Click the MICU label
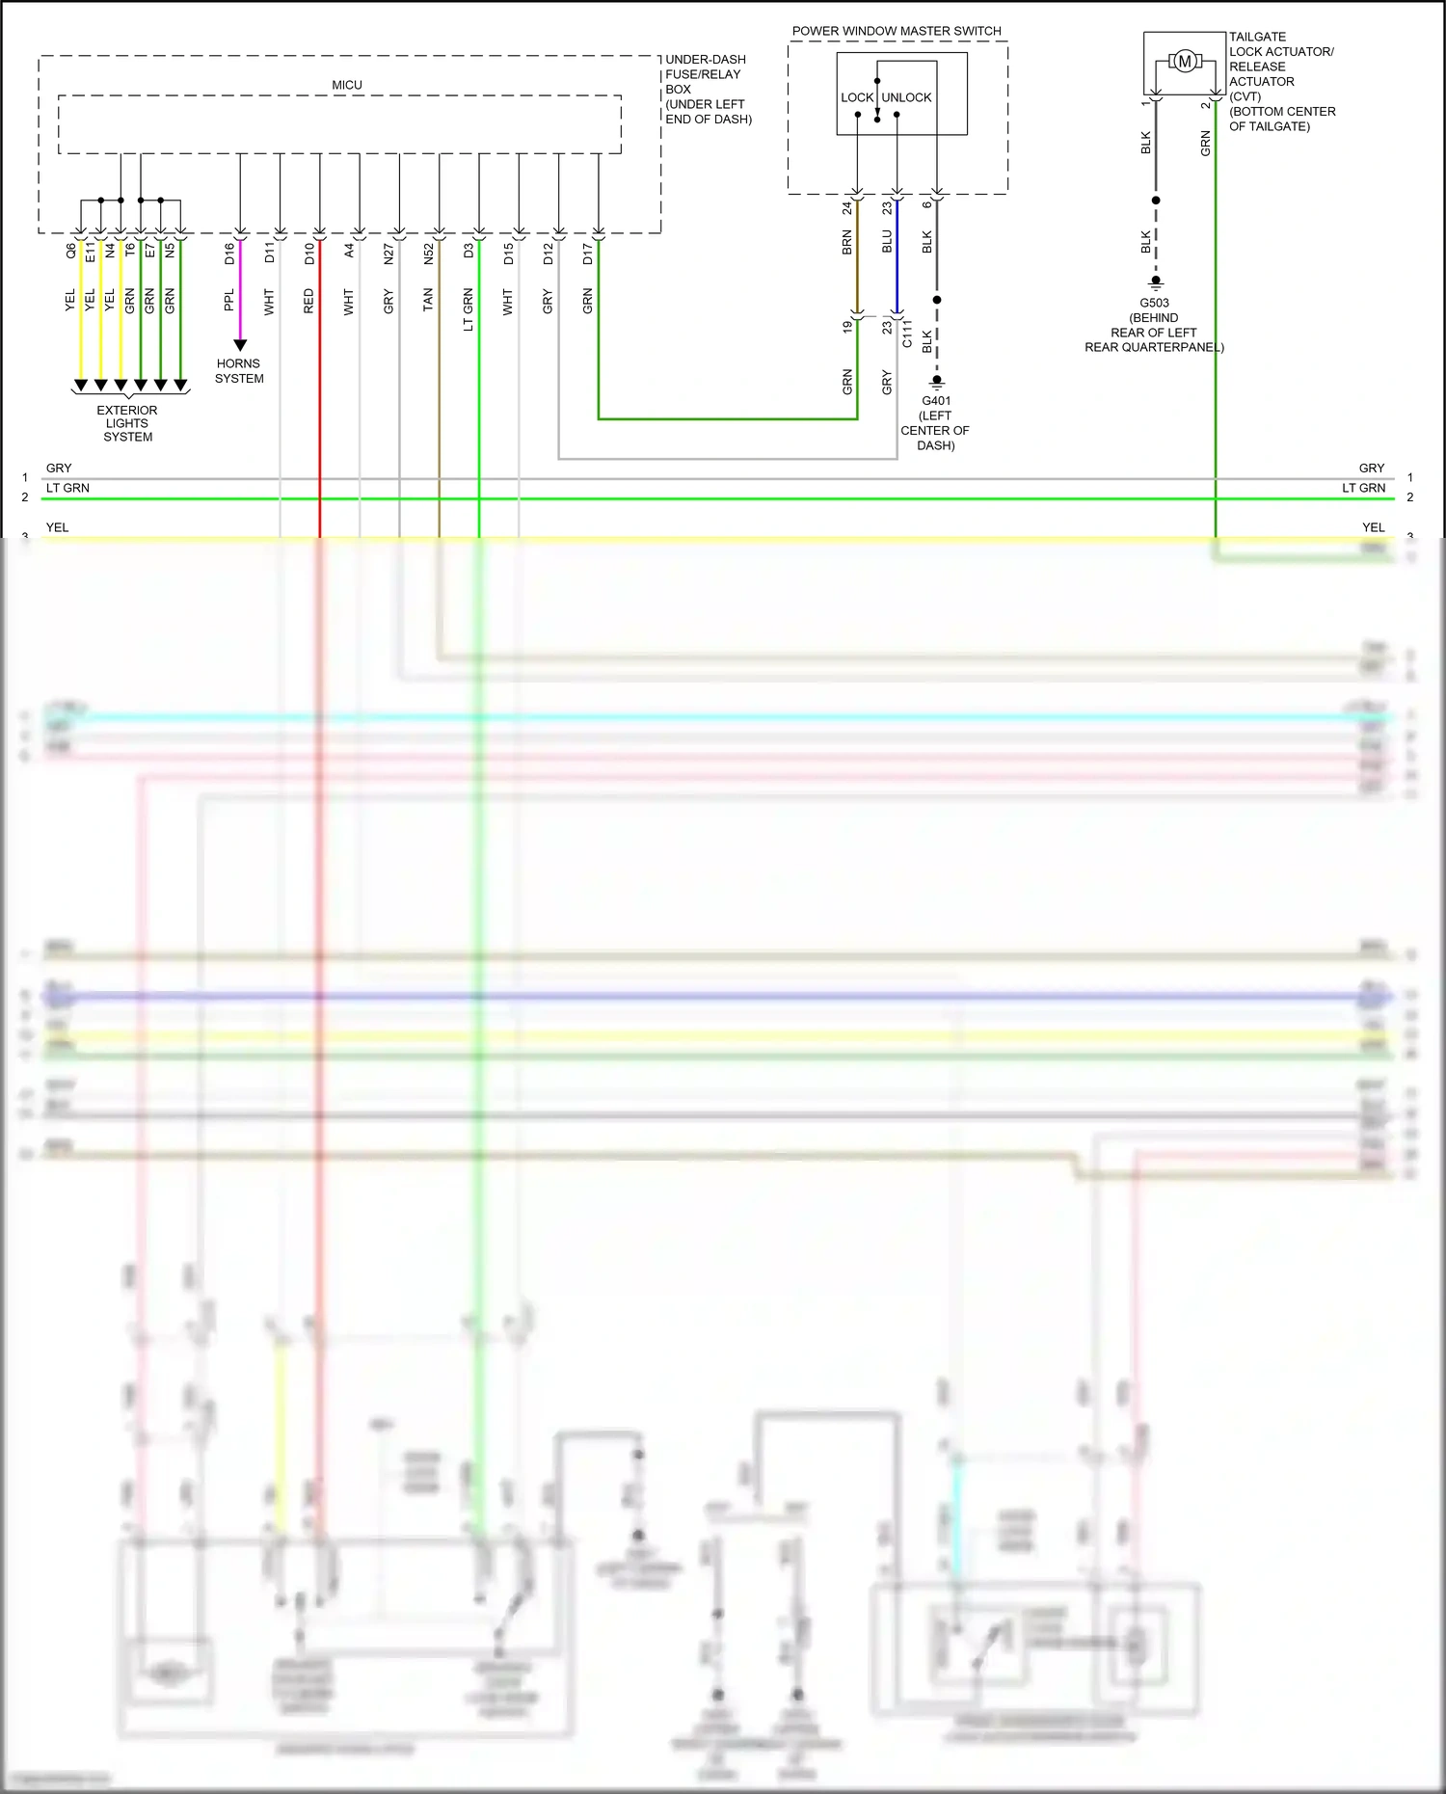coord(347,85)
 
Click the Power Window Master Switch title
coord(897,31)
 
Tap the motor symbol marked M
coord(1185,62)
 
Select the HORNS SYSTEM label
coord(239,371)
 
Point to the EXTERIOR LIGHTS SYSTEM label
coord(127,423)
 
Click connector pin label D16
coord(229,254)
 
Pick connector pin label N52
coord(429,254)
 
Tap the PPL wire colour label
coord(229,301)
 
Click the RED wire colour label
coord(309,301)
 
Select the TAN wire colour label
coord(429,301)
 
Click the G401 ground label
coord(936,401)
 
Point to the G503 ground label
coord(1154,303)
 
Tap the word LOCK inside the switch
coord(856,97)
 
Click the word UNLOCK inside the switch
coord(907,97)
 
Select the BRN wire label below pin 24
coord(847,242)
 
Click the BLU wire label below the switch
coord(887,242)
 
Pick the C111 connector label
coord(907,334)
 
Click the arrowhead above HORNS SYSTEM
coord(240,345)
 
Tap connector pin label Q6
coord(70,251)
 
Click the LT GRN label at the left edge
coord(67,488)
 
